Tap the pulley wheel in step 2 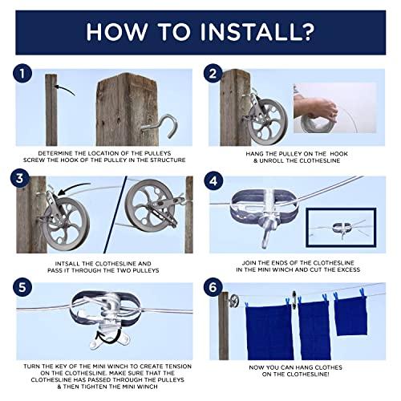[x=268, y=121]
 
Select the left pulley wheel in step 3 [x=66, y=215]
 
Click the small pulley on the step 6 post [x=233, y=301]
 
